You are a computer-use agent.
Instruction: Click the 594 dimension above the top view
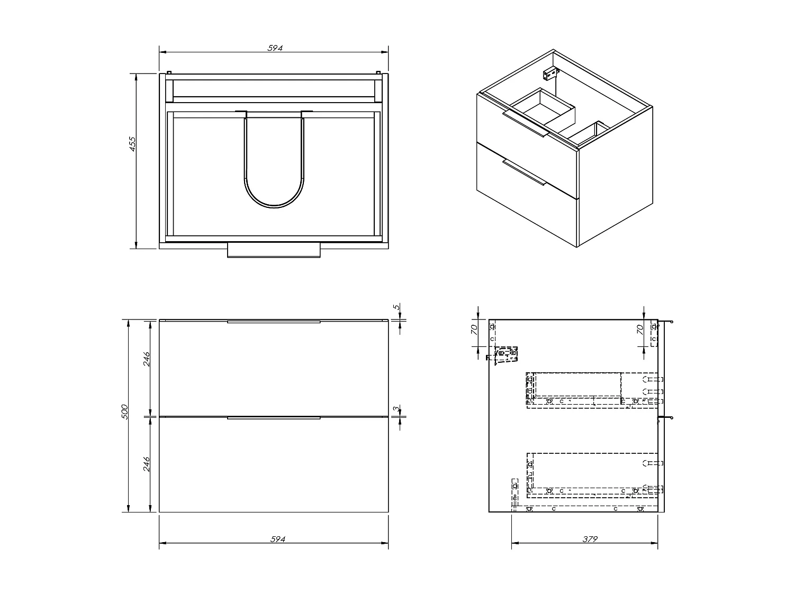pos(275,48)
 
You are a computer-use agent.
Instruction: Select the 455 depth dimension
pos(133,144)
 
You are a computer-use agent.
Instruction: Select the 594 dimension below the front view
pos(277,539)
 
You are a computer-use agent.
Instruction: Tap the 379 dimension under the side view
pos(590,539)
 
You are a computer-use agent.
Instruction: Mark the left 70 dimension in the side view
pos(475,329)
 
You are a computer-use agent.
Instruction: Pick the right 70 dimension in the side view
pos(640,329)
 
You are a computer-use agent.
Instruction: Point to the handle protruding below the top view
pos(274,250)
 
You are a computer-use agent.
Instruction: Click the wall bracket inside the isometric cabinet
pos(552,71)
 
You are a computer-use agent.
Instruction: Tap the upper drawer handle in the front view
pos(274,321)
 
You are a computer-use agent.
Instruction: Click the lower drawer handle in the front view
pos(274,418)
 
